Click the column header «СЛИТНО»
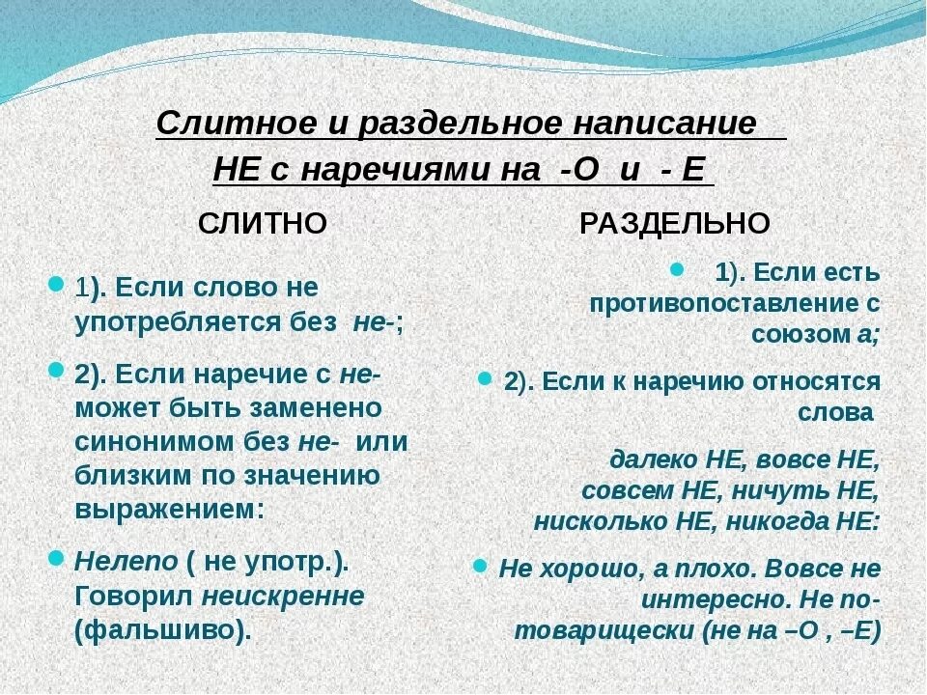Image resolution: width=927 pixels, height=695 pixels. click(x=263, y=224)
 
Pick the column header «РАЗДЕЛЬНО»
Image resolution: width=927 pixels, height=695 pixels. click(x=675, y=224)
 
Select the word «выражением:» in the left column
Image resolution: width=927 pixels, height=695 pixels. click(x=169, y=509)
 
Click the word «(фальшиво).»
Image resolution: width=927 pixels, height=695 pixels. click(x=163, y=630)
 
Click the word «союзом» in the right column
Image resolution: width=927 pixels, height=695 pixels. click(x=792, y=334)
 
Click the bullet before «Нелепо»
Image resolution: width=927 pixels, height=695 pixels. click(x=55, y=557)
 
